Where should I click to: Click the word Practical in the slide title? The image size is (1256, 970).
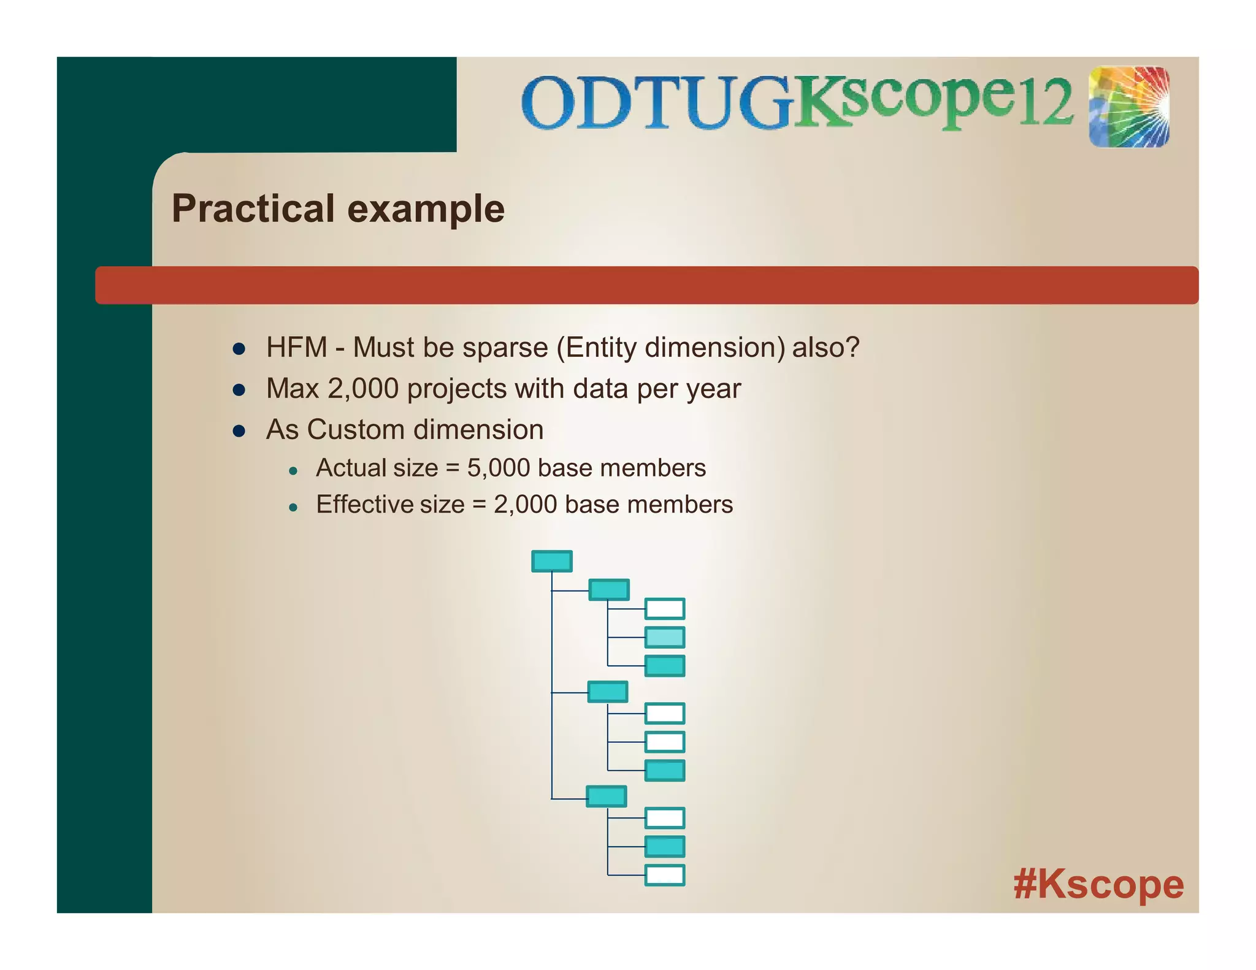point(253,208)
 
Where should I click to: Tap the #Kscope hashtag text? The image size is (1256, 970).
point(1098,884)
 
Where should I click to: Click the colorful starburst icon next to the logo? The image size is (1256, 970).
point(1128,107)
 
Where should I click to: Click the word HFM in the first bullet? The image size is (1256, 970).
point(296,348)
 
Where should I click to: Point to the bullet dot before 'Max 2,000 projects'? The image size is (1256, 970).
point(239,390)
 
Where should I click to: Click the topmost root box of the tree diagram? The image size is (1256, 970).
point(551,561)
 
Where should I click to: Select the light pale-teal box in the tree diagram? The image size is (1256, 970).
point(665,637)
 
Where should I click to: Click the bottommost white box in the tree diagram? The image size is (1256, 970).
point(665,875)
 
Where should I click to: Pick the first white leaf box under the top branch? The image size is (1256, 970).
point(665,609)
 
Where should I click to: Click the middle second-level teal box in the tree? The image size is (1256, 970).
point(608,692)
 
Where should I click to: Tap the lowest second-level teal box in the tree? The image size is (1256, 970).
point(607,796)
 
